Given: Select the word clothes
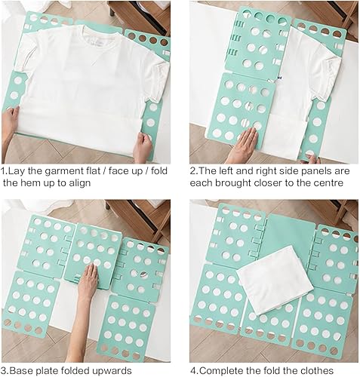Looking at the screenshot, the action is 316,371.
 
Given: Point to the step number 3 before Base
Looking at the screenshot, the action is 3,371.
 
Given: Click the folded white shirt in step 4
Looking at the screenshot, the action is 275,280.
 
